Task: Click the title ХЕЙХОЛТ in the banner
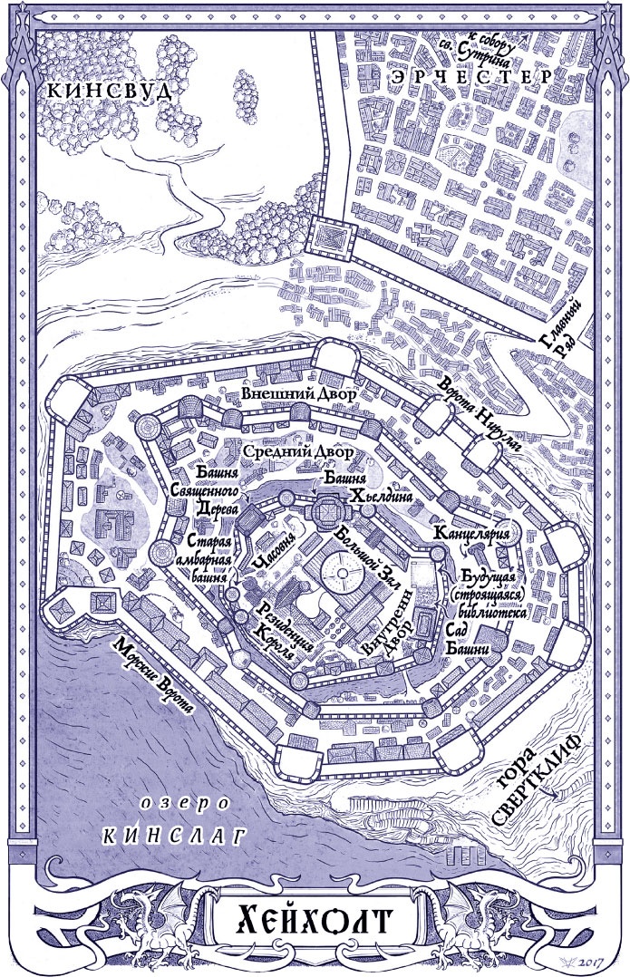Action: (314, 923)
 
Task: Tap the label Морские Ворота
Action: (151, 675)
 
